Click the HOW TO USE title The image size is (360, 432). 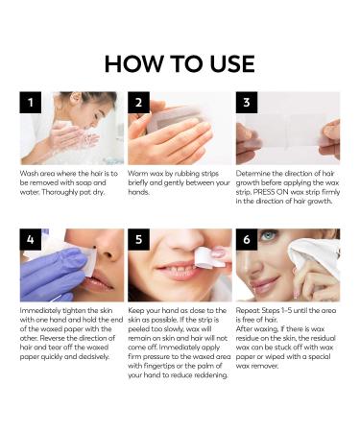(x=180, y=63)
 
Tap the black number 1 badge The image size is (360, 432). (x=31, y=104)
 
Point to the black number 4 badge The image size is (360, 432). (x=31, y=240)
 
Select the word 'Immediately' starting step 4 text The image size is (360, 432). (x=42, y=313)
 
